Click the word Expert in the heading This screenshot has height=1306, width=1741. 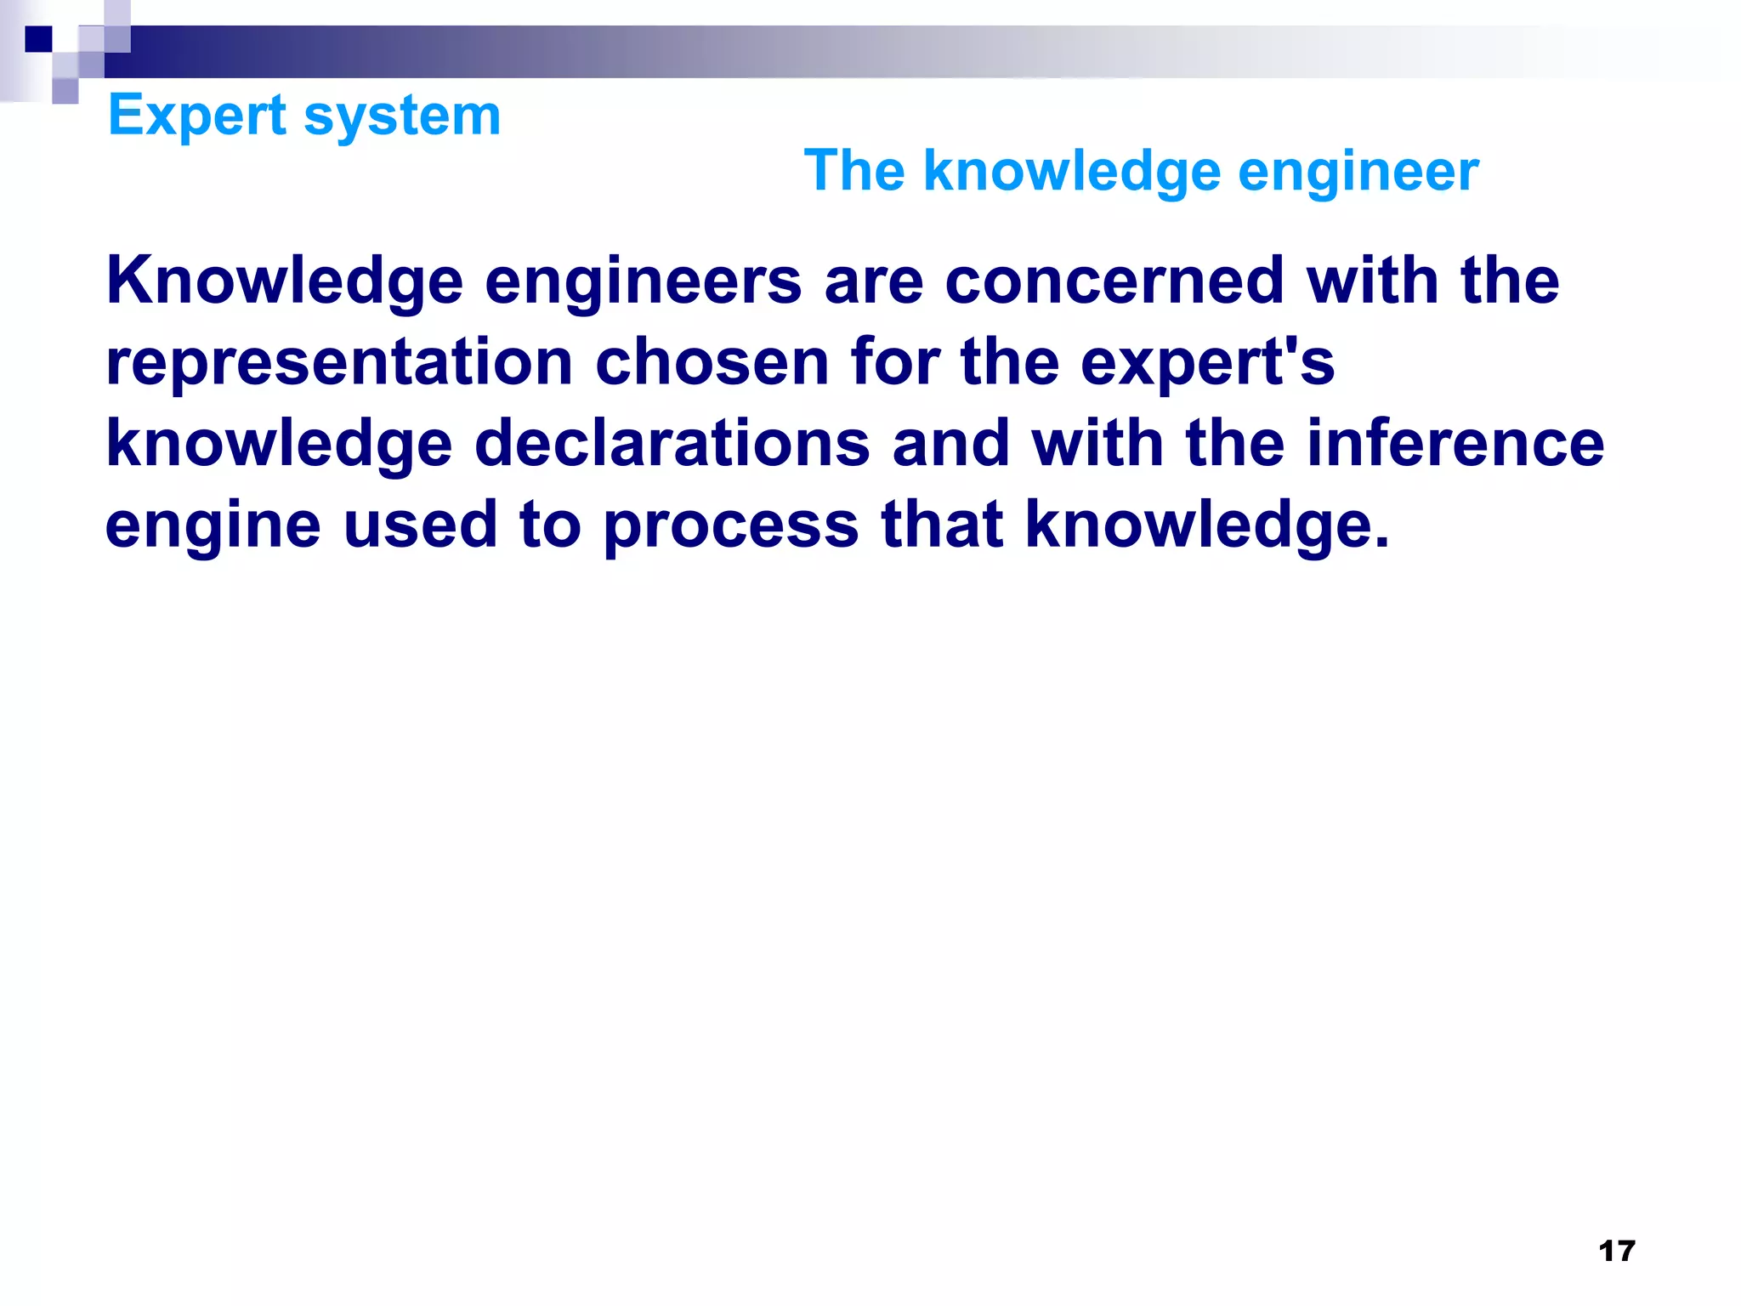tap(197, 116)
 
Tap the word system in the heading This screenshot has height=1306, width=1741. tap(402, 116)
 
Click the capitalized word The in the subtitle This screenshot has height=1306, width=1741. tap(853, 171)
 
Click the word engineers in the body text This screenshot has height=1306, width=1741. tap(643, 281)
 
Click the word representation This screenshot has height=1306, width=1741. tap(339, 363)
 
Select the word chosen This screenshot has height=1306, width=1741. tap(712, 361)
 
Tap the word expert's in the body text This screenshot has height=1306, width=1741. tap(1207, 363)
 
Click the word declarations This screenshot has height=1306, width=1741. tap(672, 443)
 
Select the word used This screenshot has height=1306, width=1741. tap(420, 524)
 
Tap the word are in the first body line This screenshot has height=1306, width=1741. tap(873, 281)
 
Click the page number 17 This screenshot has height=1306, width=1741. tap(1616, 1251)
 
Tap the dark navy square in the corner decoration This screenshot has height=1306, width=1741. tap(38, 39)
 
